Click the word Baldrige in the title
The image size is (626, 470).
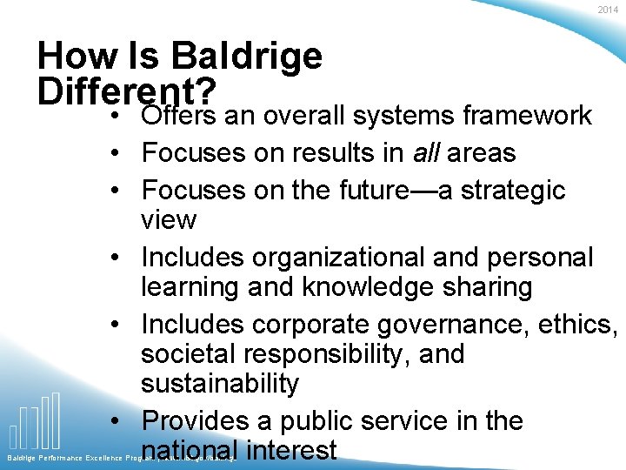click(247, 57)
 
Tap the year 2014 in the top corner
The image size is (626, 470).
click(608, 10)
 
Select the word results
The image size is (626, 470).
click(311, 153)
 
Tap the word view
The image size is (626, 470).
click(169, 219)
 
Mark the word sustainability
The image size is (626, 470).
click(220, 383)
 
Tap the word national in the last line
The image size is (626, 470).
click(190, 451)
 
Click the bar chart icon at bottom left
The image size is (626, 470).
click(35, 421)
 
